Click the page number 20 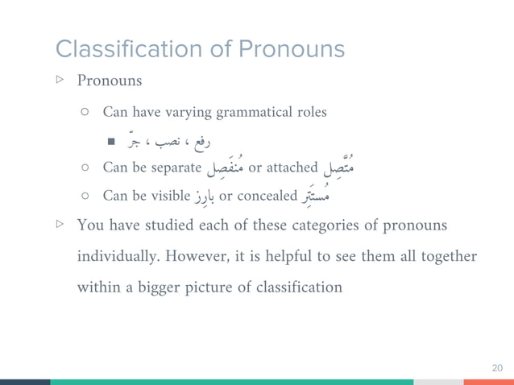click(x=497, y=367)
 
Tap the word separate click(x=174, y=168)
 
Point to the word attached click(x=292, y=168)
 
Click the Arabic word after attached click(x=337, y=167)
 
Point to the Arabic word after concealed click(x=314, y=194)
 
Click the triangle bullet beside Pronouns click(x=60, y=81)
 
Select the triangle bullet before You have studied click(x=60, y=226)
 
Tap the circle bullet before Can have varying click(x=85, y=113)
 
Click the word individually click(x=117, y=256)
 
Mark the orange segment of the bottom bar click(x=488, y=382)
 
